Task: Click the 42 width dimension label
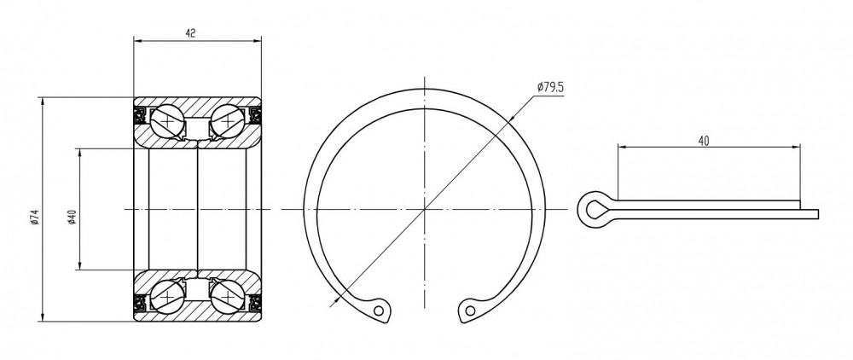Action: [x=190, y=33]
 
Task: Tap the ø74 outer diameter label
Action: [x=35, y=217]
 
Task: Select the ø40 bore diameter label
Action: [x=73, y=217]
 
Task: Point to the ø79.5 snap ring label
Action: [x=550, y=87]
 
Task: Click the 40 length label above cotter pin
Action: [x=704, y=142]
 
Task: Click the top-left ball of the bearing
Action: [x=167, y=122]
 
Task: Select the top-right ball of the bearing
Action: [x=228, y=122]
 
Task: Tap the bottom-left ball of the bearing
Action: [x=167, y=296]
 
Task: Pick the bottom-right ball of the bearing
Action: [x=228, y=296]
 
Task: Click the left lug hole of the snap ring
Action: [x=379, y=311]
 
